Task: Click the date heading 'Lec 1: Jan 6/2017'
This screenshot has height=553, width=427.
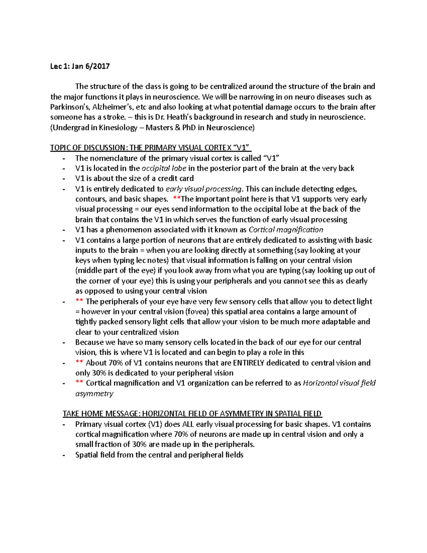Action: pos(80,66)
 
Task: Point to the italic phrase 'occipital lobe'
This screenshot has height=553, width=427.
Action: pos(164,168)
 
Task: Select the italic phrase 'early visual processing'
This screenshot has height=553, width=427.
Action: pos(204,189)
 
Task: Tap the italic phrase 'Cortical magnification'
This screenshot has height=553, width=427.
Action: pos(286,230)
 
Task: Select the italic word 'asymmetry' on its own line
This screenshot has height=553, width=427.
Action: pos(94,394)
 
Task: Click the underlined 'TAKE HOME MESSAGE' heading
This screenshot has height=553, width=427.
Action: pos(101,414)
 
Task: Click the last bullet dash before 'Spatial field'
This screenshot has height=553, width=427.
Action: pos(64,455)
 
